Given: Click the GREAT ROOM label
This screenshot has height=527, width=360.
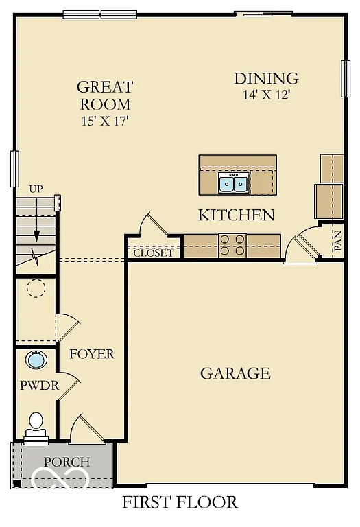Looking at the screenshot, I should pyautogui.click(x=104, y=95).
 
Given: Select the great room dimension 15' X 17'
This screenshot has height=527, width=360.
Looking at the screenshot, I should pyautogui.click(x=104, y=121).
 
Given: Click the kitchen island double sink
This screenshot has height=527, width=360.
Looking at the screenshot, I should pyautogui.click(x=233, y=183).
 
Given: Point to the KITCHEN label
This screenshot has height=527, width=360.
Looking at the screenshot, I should pyautogui.click(x=236, y=215).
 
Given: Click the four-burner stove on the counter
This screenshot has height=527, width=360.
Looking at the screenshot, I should pyautogui.click(x=232, y=245).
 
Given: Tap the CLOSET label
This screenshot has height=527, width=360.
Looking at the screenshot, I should pyautogui.click(x=154, y=253).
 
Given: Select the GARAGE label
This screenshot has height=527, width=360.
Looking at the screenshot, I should pyautogui.click(x=235, y=373).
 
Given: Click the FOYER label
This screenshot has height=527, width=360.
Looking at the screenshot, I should pyautogui.click(x=91, y=354).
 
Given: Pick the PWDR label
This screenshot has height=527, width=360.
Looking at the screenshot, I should pyautogui.click(x=39, y=386).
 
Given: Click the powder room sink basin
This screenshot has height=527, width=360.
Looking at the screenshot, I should pyautogui.click(x=35, y=359).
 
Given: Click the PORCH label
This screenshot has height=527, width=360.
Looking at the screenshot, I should pyautogui.click(x=67, y=462).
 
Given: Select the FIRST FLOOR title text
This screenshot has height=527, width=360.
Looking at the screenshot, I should pyautogui.click(x=180, y=502).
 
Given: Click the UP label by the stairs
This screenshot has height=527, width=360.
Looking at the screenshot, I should pyautogui.click(x=36, y=189).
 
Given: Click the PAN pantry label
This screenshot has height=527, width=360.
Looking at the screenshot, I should pyautogui.click(x=337, y=242).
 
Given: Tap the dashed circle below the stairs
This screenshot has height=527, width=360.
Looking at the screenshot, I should pyautogui.click(x=36, y=288).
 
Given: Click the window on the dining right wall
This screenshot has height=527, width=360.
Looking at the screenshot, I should pyautogui.click(x=346, y=78).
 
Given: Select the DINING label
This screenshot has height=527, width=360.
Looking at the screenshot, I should pyautogui.click(x=266, y=78).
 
